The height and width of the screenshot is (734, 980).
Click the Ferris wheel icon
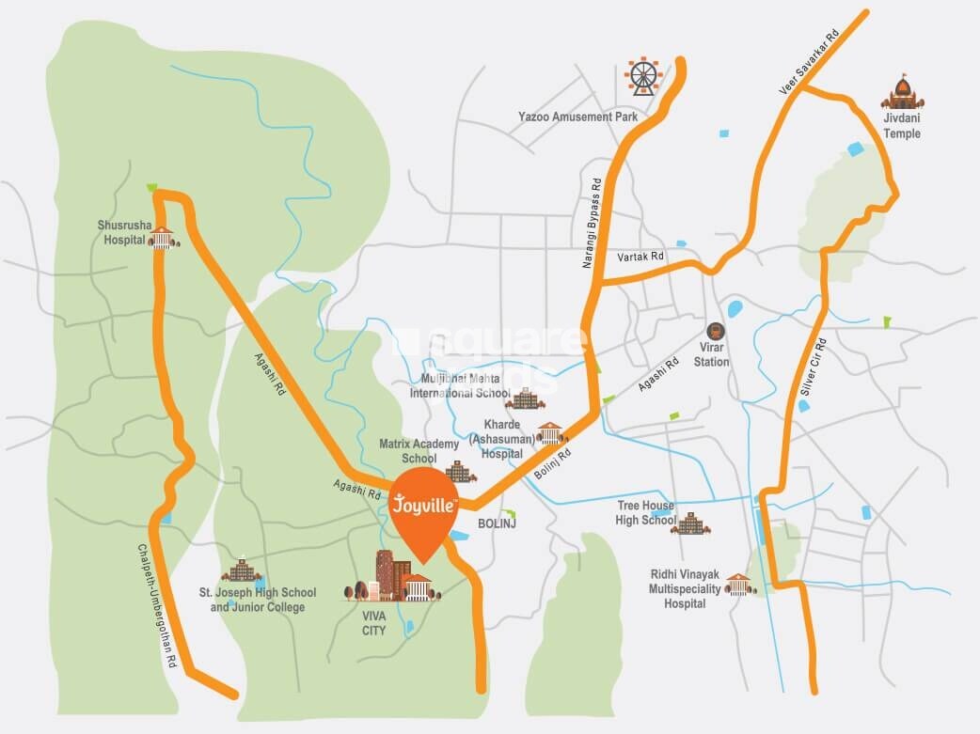click(x=644, y=76)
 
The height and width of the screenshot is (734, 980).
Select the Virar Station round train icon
click(x=715, y=332)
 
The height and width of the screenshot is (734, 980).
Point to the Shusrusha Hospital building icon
click(x=164, y=238)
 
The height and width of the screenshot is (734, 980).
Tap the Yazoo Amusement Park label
click(x=577, y=117)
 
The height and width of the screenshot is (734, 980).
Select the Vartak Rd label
click(x=640, y=256)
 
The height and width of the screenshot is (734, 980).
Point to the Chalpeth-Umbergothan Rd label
click(x=157, y=605)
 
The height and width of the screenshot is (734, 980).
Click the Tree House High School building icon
click(x=690, y=523)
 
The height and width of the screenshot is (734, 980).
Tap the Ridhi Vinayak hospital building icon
click(x=740, y=585)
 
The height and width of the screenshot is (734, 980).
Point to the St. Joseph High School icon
click(x=241, y=570)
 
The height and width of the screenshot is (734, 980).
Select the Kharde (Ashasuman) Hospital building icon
click(x=550, y=433)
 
